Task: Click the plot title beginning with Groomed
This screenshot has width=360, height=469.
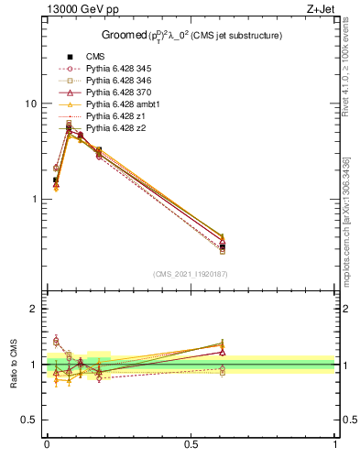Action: pyautogui.click(x=191, y=36)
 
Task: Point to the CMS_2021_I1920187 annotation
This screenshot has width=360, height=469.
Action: pyautogui.click(x=191, y=274)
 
